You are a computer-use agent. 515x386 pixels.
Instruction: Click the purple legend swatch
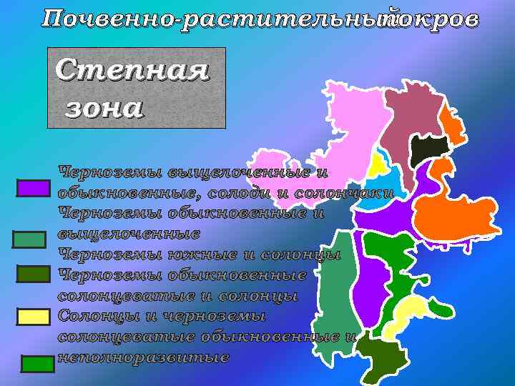(33, 188)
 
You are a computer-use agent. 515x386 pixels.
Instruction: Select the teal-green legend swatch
(29, 239)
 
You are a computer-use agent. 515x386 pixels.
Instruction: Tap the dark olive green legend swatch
(33, 274)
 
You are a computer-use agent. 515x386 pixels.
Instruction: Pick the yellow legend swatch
(33, 316)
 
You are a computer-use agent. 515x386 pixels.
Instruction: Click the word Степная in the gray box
(132, 71)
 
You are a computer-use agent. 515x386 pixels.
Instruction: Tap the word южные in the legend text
(206, 254)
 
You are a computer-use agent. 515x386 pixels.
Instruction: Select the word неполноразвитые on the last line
(143, 357)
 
